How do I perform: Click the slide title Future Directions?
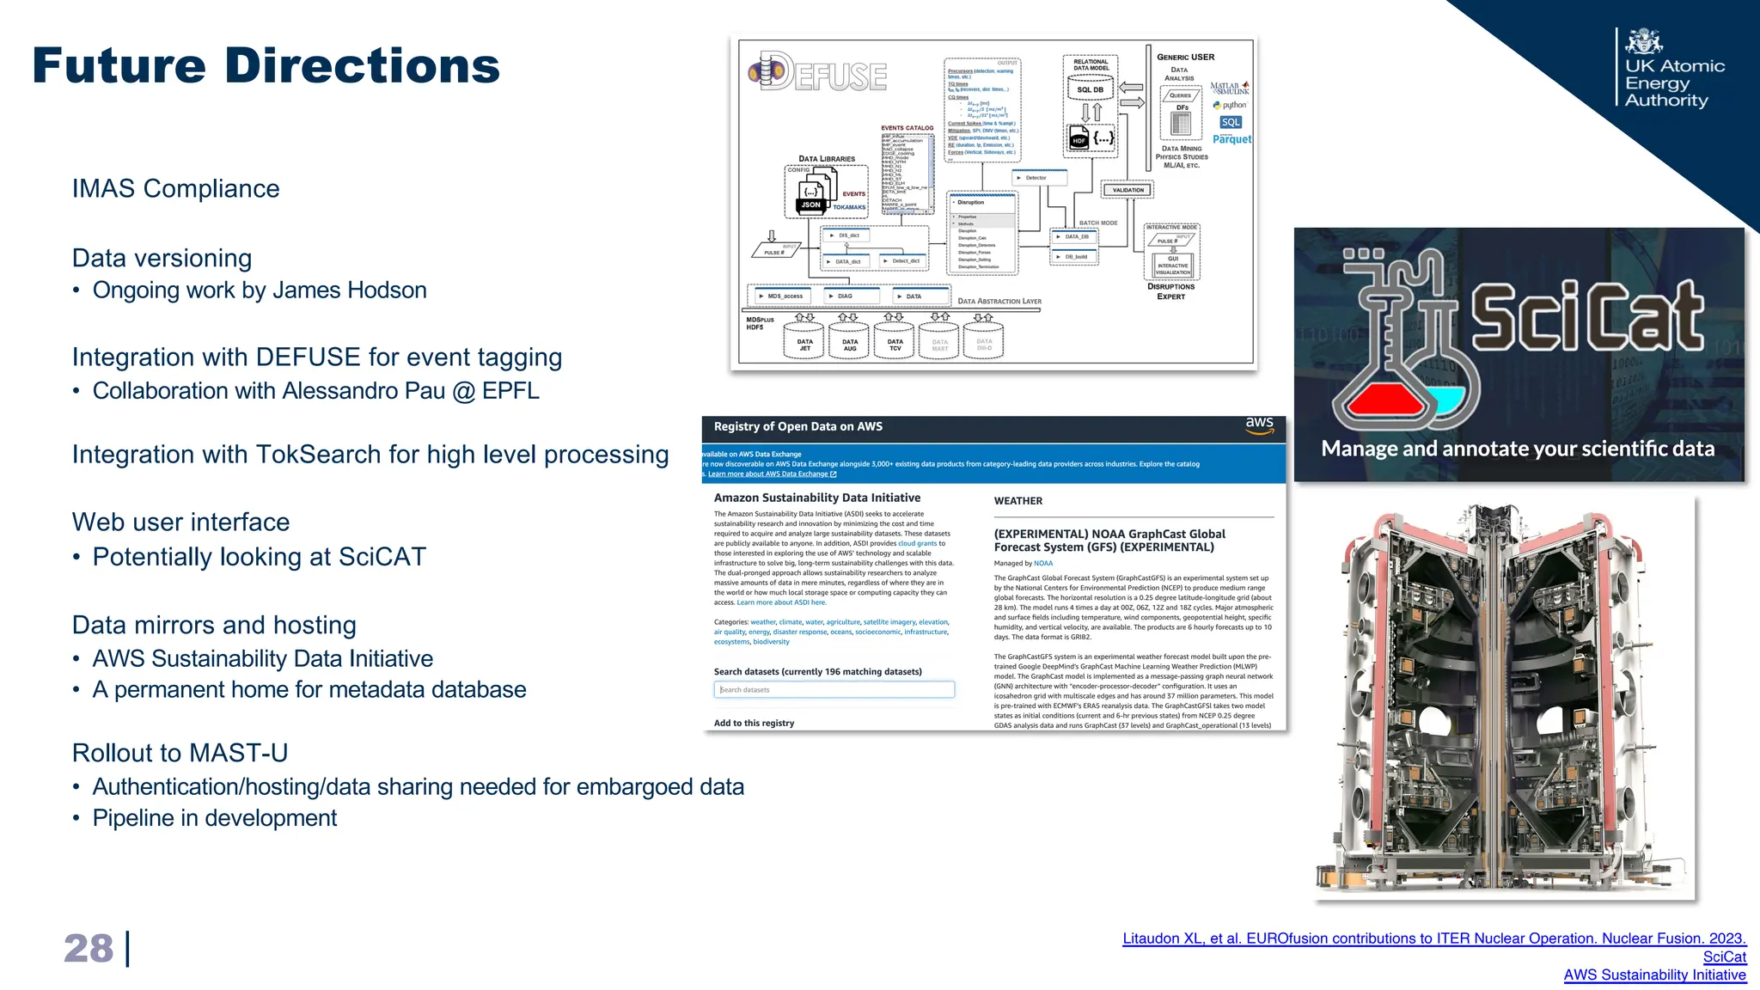click(266, 66)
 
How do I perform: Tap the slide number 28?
click(89, 949)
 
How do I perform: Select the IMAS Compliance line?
click(175, 189)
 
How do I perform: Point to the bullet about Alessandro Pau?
click(315, 391)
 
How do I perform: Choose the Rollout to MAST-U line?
click(180, 753)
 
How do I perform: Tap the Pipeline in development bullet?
click(214, 818)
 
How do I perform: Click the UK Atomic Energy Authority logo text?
click(1674, 83)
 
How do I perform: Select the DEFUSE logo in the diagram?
click(817, 74)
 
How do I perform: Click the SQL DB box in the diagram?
click(1090, 89)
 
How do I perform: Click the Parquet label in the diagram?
click(1231, 139)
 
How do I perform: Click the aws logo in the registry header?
click(1259, 425)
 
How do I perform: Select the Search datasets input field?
click(834, 689)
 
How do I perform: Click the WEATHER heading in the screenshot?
click(1017, 501)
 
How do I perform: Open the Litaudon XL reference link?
click(1433, 938)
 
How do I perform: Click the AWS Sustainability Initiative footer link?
click(1654, 975)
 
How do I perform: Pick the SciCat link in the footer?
click(1724, 956)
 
